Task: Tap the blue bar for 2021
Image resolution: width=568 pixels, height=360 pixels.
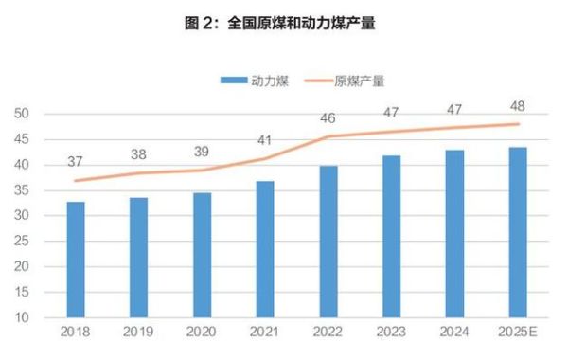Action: click(265, 248)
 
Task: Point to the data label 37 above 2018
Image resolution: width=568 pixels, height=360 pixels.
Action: click(76, 162)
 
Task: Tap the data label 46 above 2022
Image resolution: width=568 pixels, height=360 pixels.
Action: click(328, 118)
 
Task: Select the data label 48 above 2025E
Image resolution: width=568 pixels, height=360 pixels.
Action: click(517, 105)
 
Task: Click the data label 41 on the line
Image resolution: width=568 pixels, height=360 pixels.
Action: click(265, 141)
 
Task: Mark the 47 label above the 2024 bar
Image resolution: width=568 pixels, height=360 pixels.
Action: click(454, 110)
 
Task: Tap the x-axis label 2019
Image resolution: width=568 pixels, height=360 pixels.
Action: click(139, 332)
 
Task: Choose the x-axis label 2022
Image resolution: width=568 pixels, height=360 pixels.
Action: click(328, 332)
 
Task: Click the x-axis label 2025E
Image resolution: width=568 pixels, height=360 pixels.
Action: click(518, 332)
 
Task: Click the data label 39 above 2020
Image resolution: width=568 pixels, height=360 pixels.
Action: click(202, 153)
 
